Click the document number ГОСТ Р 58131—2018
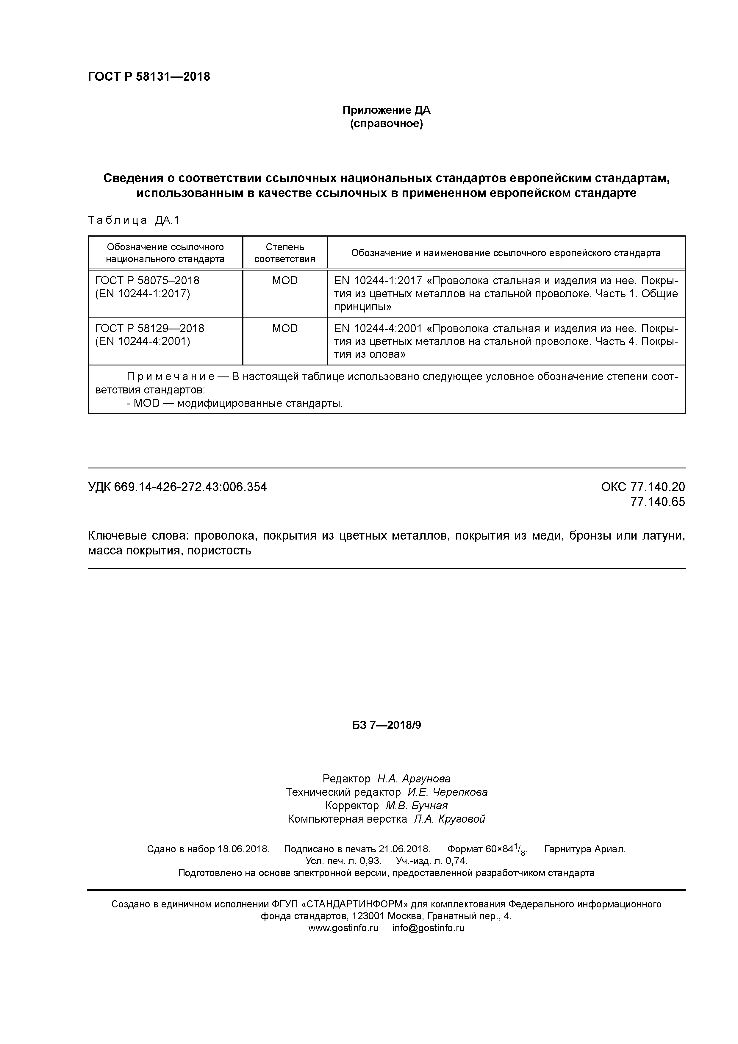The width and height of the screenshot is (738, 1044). point(149,77)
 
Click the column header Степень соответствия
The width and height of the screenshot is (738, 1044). point(285,253)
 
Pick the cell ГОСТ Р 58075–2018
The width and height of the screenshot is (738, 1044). point(147,281)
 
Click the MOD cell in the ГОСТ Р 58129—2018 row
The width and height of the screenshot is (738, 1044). point(285,328)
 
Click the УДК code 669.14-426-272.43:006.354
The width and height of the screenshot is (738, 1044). point(190,487)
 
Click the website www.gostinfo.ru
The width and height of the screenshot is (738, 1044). point(343,928)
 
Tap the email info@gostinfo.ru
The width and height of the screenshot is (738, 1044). point(428,928)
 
